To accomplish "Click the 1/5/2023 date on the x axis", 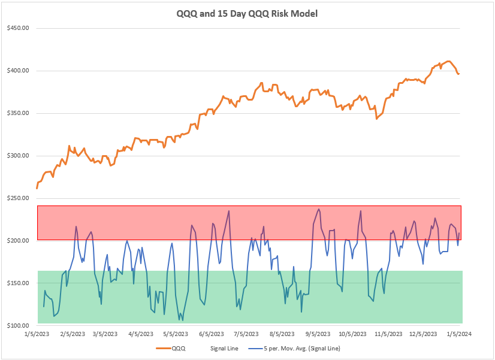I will point(37,334).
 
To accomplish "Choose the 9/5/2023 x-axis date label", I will point(318,334).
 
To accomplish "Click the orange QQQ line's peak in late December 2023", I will point(447,61).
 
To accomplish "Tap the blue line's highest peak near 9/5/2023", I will point(319,209).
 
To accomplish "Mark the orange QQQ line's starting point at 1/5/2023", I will point(37,188).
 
